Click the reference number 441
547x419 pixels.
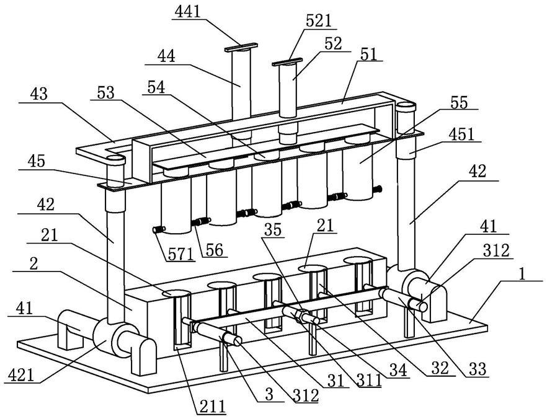click(x=187, y=12)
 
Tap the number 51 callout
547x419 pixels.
click(x=369, y=55)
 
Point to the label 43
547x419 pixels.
click(x=38, y=94)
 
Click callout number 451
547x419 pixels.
click(x=462, y=135)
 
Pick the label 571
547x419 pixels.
click(x=180, y=254)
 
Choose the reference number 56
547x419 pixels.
click(x=214, y=250)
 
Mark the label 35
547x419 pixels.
click(x=272, y=230)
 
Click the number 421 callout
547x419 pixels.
click(x=21, y=376)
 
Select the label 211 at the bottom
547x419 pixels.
click(x=213, y=407)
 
